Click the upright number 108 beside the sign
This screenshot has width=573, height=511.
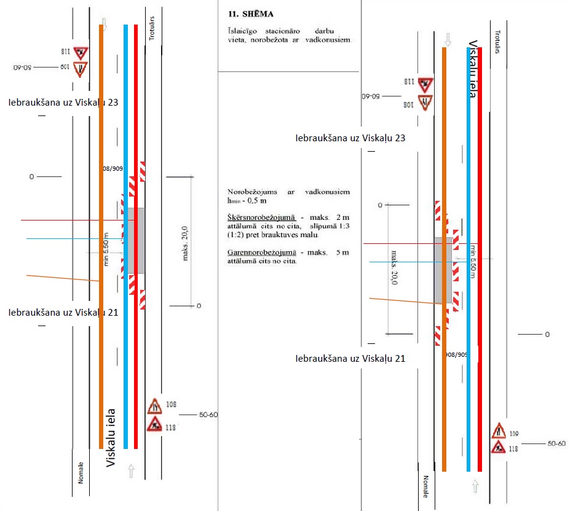coord(171,404)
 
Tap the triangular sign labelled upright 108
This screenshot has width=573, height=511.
coord(154,406)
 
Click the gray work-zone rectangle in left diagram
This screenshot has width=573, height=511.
coord(136,240)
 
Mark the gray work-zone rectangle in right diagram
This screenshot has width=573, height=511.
coord(443,270)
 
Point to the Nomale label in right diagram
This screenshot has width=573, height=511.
coord(425,486)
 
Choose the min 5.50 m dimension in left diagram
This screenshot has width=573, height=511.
coord(106,249)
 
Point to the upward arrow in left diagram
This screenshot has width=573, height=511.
coord(130,472)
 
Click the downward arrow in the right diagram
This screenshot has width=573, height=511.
coord(448,39)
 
